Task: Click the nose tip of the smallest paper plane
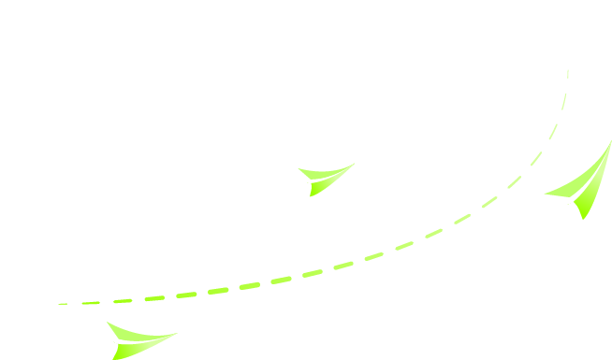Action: [x=354, y=164]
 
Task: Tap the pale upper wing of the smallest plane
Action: [x=323, y=174]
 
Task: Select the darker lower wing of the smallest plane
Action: [x=322, y=186]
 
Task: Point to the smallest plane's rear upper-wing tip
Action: [x=299, y=169]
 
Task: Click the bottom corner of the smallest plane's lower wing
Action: [x=311, y=195]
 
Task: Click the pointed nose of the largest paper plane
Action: [x=611, y=141]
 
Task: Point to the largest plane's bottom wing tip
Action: [x=583, y=219]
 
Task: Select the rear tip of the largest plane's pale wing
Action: [x=545, y=194]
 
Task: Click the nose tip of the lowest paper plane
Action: [x=176, y=333]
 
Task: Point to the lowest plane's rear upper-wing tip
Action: [x=107, y=323]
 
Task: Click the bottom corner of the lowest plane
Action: [x=113, y=358]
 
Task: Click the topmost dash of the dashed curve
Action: [x=567, y=72]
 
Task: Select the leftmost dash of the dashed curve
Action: [x=64, y=304]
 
